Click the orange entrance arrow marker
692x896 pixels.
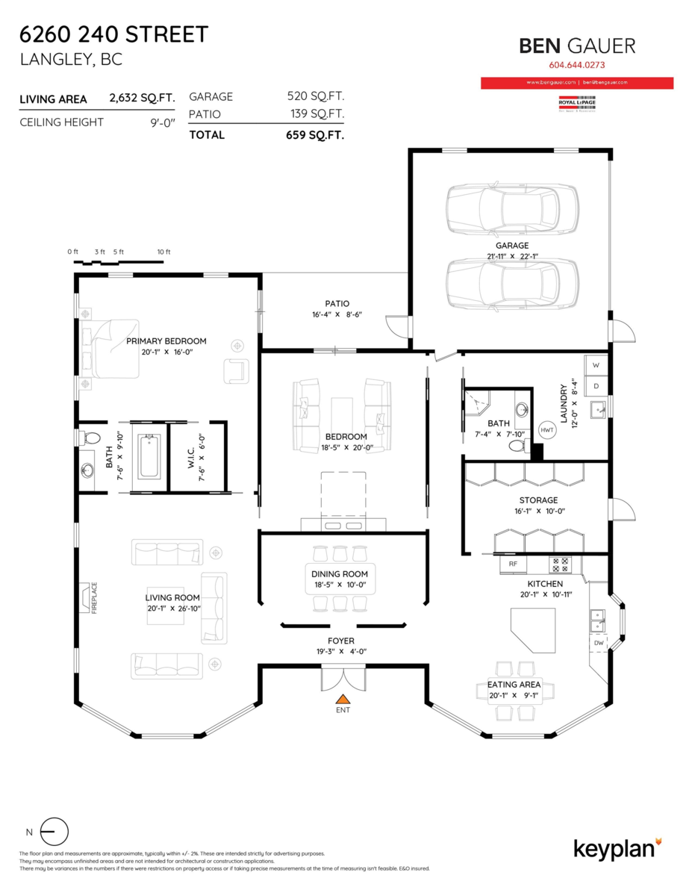click(x=343, y=699)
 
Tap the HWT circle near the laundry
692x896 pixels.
click(x=547, y=430)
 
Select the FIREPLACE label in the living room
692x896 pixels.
click(x=95, y=597)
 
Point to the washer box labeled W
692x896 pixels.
click(x=596, y=365)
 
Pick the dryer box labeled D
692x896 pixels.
click(x=596, y=385)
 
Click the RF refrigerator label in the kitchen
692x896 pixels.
click(x=513, y=564)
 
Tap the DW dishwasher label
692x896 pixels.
click(x=599, y=642)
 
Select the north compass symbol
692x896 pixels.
click(x=54, y=831)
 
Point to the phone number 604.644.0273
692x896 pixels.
click(x=577, y=65)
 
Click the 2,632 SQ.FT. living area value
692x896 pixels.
click(x=142, y=98)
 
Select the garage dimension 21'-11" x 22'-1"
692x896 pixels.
click(x=512, y=256)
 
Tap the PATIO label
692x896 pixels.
click(x=337, y=303)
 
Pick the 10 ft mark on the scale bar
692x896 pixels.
click(x=163, y=252)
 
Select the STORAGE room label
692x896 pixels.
click(x=538, y=500)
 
